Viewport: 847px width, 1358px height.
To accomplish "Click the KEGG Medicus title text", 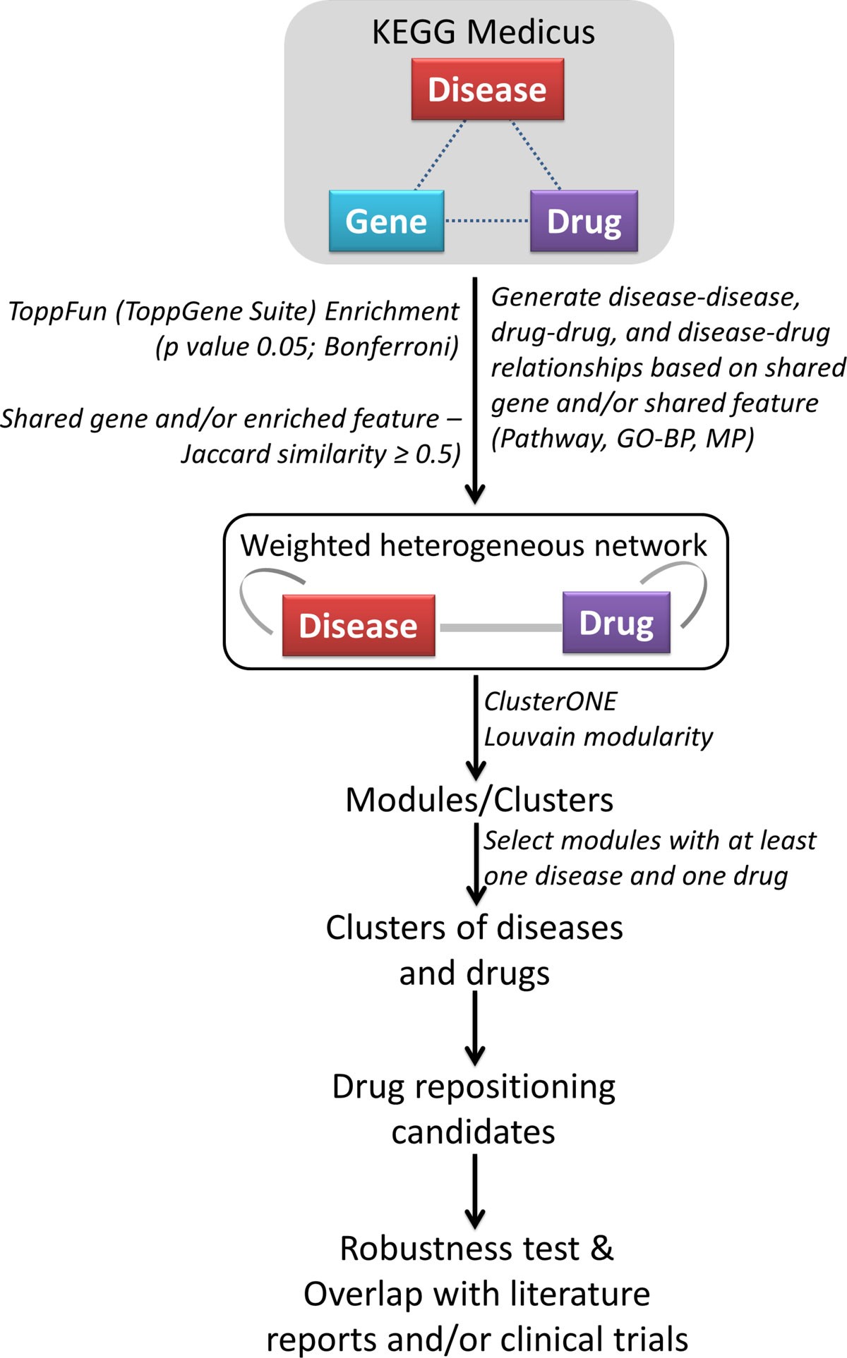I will coord(483,32).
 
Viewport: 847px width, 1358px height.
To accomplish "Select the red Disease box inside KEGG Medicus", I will coord(487,90).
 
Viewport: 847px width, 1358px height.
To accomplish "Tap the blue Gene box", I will coord(386,222).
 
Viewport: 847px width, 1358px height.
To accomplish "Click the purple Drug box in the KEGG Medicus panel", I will coord(584,222).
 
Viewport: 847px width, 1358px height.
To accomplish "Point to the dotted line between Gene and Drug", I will coord(487,222).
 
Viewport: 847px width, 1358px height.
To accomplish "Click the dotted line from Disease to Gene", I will coord(440,155).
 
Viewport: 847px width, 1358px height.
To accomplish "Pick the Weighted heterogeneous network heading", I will coord(473,545).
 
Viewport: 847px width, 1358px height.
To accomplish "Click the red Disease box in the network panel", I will coord(358,626).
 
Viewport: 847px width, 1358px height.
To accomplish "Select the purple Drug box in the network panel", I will coord(616,623).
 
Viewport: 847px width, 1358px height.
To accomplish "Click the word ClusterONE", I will coord(550,701).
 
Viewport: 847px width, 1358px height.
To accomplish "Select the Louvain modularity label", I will coord(598,737).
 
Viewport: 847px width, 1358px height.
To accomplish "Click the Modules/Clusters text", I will coord(479,800).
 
